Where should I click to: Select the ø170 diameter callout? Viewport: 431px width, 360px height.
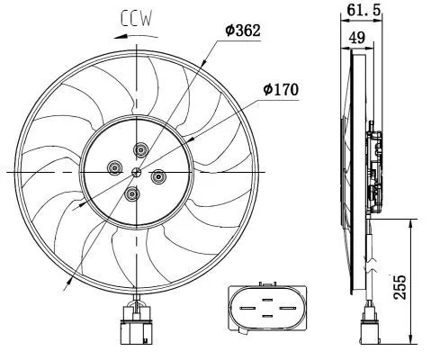coord(281,89)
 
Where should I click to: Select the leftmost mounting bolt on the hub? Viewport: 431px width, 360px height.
coord(114,166)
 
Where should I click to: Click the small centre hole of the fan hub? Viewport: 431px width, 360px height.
coord(136,171)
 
